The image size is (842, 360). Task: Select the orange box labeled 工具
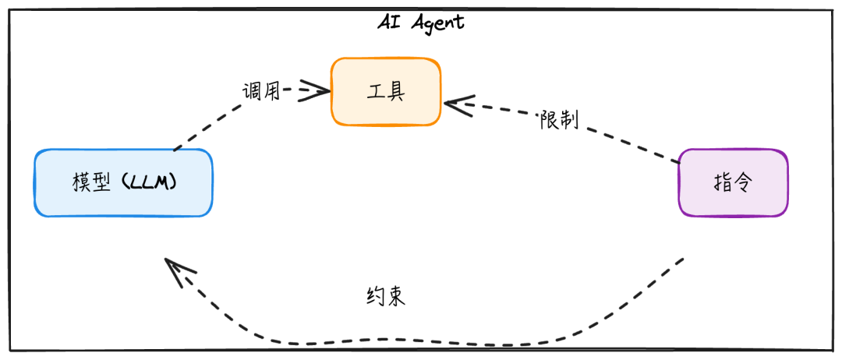(386, 91)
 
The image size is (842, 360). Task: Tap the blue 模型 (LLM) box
(123, 182)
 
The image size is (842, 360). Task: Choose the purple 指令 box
(733, 182)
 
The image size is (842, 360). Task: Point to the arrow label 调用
(261, 91)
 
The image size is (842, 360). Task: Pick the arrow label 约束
(385, 296)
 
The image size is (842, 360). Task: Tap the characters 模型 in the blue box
(90, 182)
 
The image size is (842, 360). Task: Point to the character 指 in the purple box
(722, 182)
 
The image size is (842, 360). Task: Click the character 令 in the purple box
(744, 182)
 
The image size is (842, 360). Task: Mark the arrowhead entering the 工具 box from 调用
(315, 90)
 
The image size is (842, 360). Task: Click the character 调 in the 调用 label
(251, 91)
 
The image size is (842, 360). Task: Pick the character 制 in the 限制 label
(570, 122)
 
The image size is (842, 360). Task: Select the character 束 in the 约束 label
(396, 296)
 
